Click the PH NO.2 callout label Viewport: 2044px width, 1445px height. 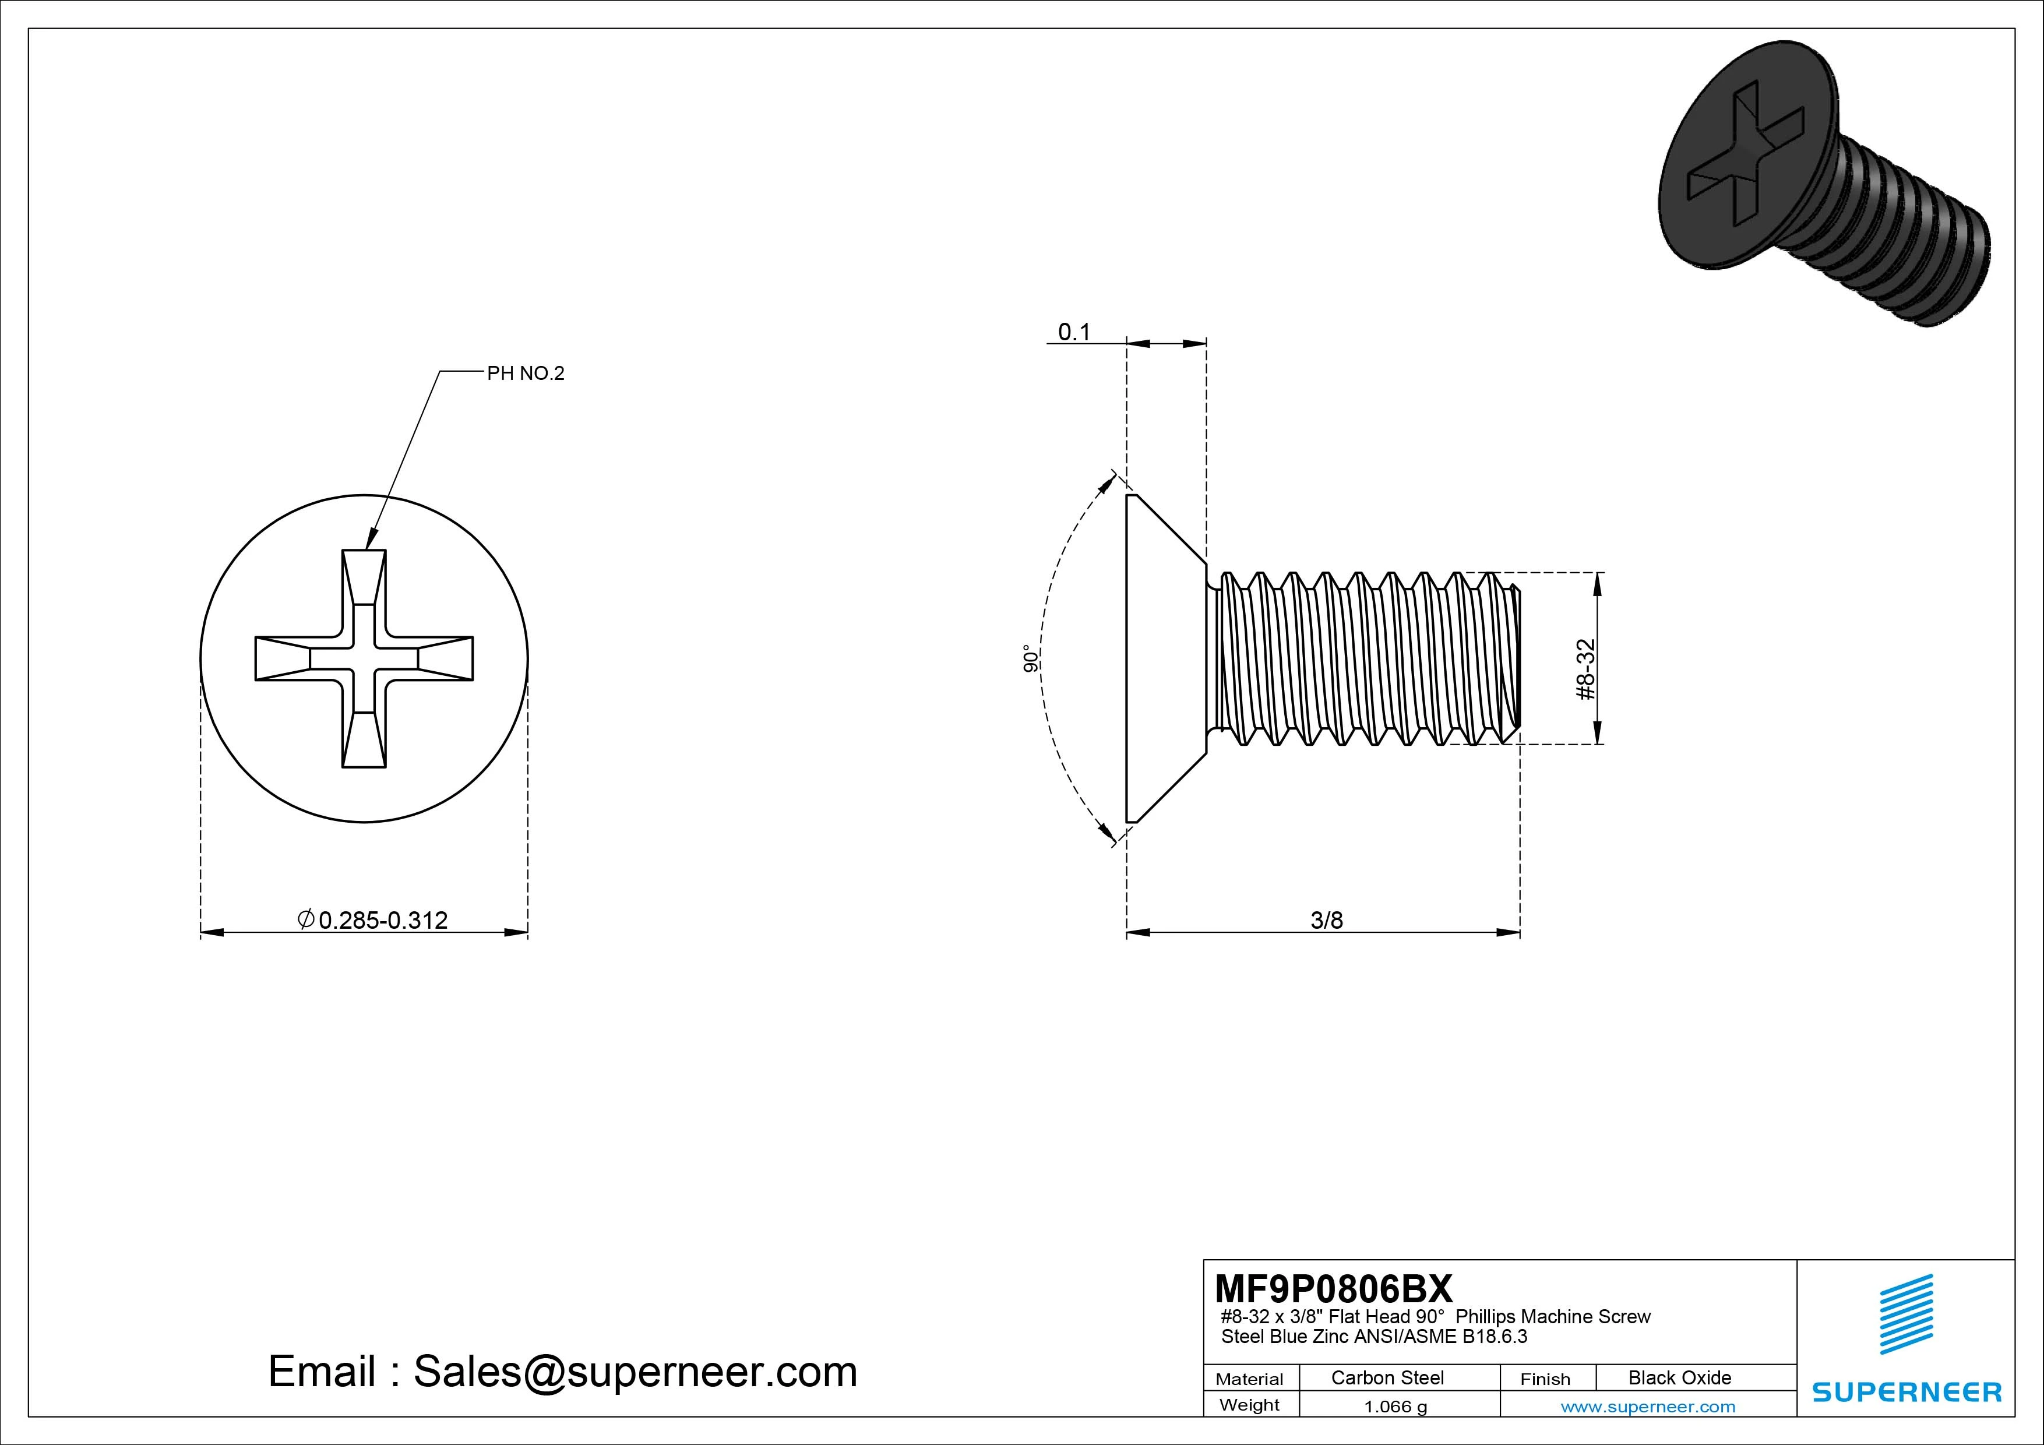pos(525,374)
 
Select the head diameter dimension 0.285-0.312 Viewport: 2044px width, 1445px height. pos(374,919)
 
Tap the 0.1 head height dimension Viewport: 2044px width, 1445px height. pos(1074,332)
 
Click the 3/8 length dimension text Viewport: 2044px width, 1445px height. pos(1327,919)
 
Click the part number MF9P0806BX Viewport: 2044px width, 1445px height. pos(1333,1288)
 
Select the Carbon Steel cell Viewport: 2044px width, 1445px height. pos(1387,1377)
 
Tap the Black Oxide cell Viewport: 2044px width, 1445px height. pos(1679,1377)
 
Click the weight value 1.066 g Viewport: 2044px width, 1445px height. pos(1395,1407)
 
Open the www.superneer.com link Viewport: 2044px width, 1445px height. pos(1648,1407)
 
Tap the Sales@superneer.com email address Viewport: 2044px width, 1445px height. pos(635,1371)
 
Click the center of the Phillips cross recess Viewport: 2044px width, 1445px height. pos(364,659)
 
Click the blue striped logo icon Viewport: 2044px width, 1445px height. pos(1906,1313)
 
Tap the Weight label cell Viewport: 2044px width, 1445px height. pos(1249,1405)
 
